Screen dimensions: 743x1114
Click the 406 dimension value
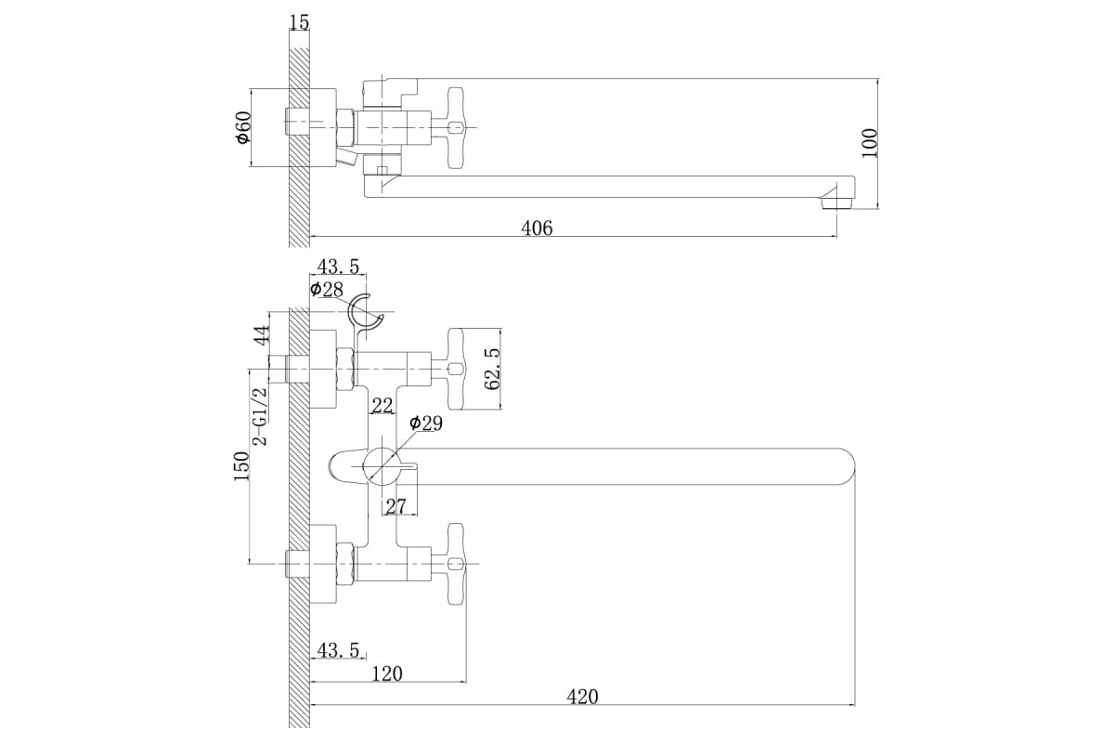pyautogui.click(x=536, y=228)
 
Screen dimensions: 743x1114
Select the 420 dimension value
pyautogui.click(x=583, y=696)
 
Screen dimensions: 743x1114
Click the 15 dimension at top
pyautogui.click(x=298, y=21)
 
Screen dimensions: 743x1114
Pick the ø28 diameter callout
pyautogui.click(x=327, y=290)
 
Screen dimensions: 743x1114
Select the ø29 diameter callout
pyautogui.click(x=425, y=424)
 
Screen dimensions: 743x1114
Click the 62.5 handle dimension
pyautogui.click(x=493, y=369)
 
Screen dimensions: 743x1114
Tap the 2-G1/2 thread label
pyautogui.click(x=261, y=415)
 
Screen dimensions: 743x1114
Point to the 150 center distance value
pyautogui.click(x=241, y=465)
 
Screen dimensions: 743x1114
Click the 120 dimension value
pyautogui.click(x=386, y=673)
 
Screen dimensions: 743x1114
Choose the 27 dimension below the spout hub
pyautogui.click(x=395, y=506)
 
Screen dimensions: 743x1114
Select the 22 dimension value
pyautogui.click(x=382, y=405)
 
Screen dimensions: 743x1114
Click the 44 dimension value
pyautogui.click(x=262, y=335)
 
